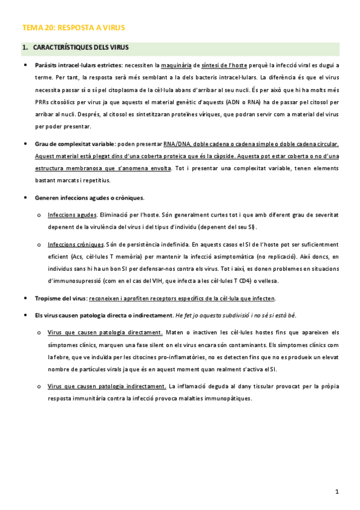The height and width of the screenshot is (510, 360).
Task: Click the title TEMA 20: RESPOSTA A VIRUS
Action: (73, 28)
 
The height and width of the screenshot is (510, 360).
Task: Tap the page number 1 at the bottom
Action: (337, 492)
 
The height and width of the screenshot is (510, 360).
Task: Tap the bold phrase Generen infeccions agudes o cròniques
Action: (90, 197)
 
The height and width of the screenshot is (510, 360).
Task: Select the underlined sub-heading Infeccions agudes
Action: (72, 215)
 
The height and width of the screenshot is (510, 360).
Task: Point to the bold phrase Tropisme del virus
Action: (61, 298)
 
